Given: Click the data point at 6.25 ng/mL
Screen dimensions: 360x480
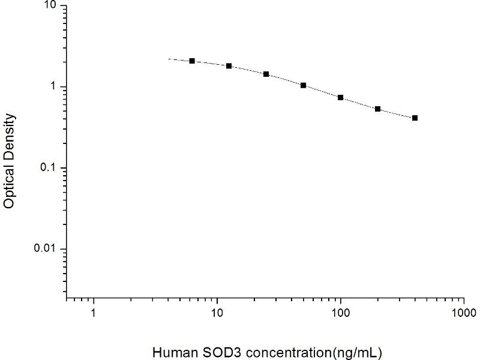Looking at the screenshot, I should pyautogui.click(x=192, y=61).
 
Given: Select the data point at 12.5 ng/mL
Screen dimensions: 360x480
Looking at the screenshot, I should pyautogui.click(x=229, y=66).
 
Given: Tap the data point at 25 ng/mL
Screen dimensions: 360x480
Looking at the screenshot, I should pyautogui.click(x=266, y=74).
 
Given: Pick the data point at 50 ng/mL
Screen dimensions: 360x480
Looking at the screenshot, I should pyautogui.click(x=304, y=85).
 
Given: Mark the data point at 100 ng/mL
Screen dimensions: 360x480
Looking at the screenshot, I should pyautogui.click(x=341, y=97).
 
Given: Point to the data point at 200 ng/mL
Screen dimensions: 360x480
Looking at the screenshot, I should pyautogui.click(x=378, y=109).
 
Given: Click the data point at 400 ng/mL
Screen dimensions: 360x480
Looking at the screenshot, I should pyautogui.click(x=415, y=118).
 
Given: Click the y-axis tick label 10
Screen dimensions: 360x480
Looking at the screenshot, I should pyautogui.click(x=50, y=6).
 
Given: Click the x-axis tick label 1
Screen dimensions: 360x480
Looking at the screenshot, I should pyautogui.click(x=93, y=313).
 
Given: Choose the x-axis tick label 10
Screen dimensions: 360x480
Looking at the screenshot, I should pyautogui.click(x=217, y=313).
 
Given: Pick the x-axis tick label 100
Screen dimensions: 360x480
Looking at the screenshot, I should pyautogui.click(x=341, y=313).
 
